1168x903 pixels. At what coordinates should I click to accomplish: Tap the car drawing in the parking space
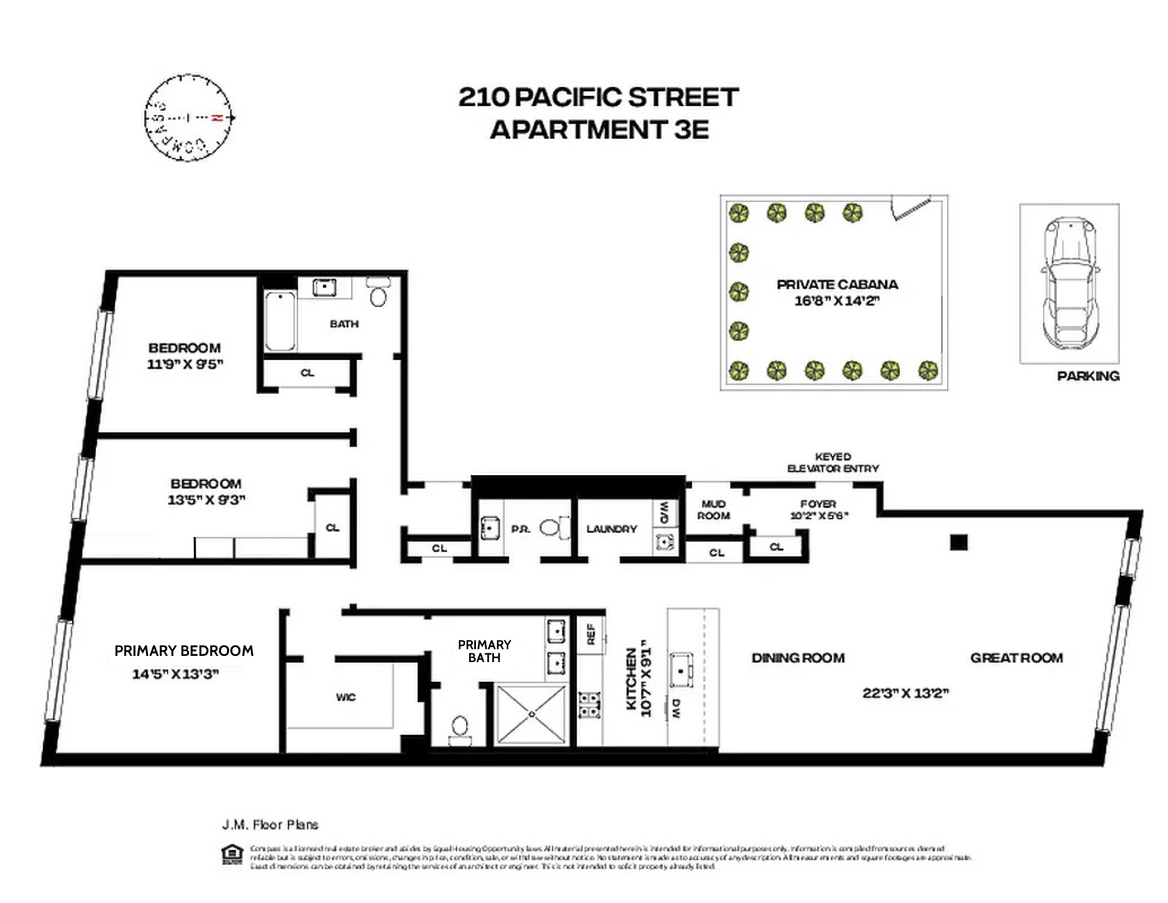pos(1070,283)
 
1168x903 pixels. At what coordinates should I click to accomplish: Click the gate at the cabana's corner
pos(911,207)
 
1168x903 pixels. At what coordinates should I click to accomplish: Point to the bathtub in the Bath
pos(280,321)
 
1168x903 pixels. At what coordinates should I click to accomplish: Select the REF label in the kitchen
pos(591,634)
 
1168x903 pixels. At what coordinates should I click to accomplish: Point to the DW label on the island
pos(677,708)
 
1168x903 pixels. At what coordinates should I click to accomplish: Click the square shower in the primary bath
pos(531,714)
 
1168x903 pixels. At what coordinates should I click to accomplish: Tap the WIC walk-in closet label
pos(346,697)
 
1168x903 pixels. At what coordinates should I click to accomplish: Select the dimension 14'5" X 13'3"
pos(176,674)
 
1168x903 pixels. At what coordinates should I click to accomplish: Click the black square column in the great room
pos(958,542)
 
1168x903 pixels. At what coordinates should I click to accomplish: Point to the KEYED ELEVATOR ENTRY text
pos(833,462)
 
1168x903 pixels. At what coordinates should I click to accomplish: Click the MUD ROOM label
pos(713,510)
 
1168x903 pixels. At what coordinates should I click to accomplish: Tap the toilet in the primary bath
pos(460,730)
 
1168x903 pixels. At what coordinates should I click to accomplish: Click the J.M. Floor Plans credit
pos(270,824)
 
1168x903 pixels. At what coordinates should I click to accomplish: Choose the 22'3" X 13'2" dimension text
pos(905,693)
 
